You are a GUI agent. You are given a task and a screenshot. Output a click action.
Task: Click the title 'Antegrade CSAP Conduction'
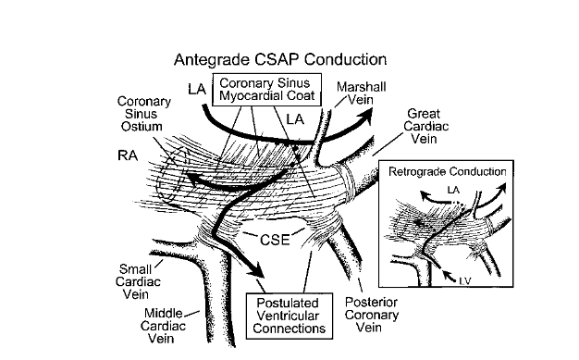[x=280, y=60]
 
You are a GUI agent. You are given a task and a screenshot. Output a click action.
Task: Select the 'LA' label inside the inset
[x=454, y=190]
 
